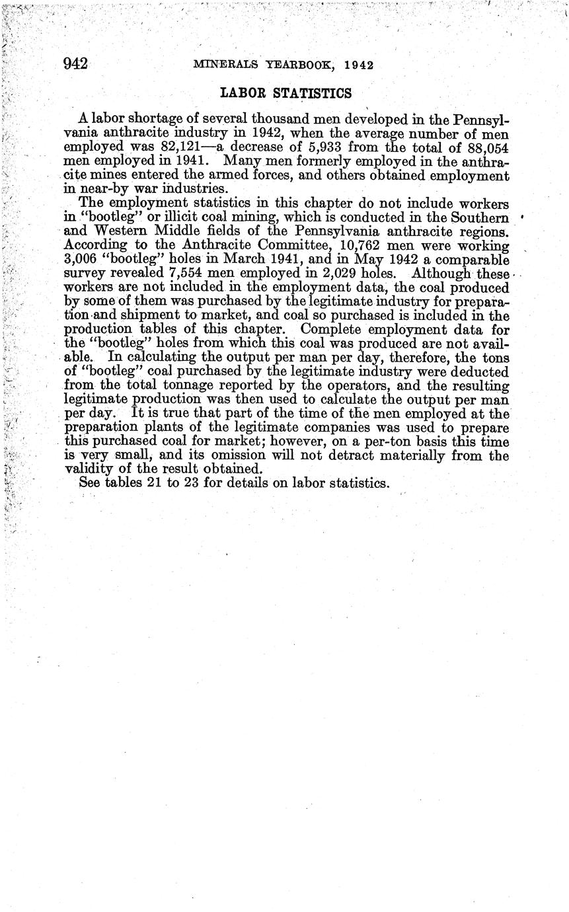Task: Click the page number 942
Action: coord(76,63)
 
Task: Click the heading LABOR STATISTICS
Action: coord(285,93)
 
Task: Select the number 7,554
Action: coord(159,274)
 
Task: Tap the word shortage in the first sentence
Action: coord(154,120)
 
